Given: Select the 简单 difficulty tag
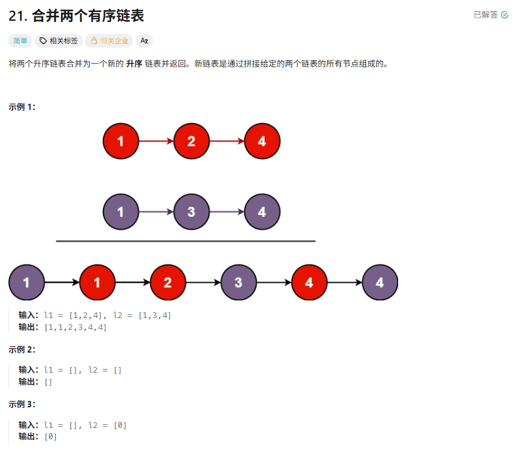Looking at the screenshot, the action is [x=21, y=41].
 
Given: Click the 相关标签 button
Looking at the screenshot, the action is [x=58, y=41].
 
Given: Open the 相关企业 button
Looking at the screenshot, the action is [x=109, y=41].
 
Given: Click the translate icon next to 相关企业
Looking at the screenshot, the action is [x=144, y=41].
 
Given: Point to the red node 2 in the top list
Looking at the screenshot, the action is [x=191, y=141].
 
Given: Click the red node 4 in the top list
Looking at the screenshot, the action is [x=262, y=141].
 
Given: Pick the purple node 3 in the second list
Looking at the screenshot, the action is [x=191, y=212].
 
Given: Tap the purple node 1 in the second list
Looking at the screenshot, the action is [x=121, y=212].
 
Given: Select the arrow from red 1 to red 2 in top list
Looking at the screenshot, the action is [x=156, y=141].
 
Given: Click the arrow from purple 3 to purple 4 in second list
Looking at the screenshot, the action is [x=227, y=212].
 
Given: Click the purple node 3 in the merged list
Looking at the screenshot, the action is [x=238, y=283].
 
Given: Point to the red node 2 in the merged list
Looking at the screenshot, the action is [x=168, y=283].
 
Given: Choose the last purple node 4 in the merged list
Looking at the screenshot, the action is [x=379, y=283].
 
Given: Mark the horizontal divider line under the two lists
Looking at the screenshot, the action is [x=185, y=241].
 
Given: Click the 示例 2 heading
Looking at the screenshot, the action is [x=22, y=349].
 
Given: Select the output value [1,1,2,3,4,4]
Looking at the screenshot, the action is [x=75, y=327].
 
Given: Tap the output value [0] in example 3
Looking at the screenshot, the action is [x=51, y=436].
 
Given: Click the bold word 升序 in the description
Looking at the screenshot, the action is [x=133, y=64].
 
